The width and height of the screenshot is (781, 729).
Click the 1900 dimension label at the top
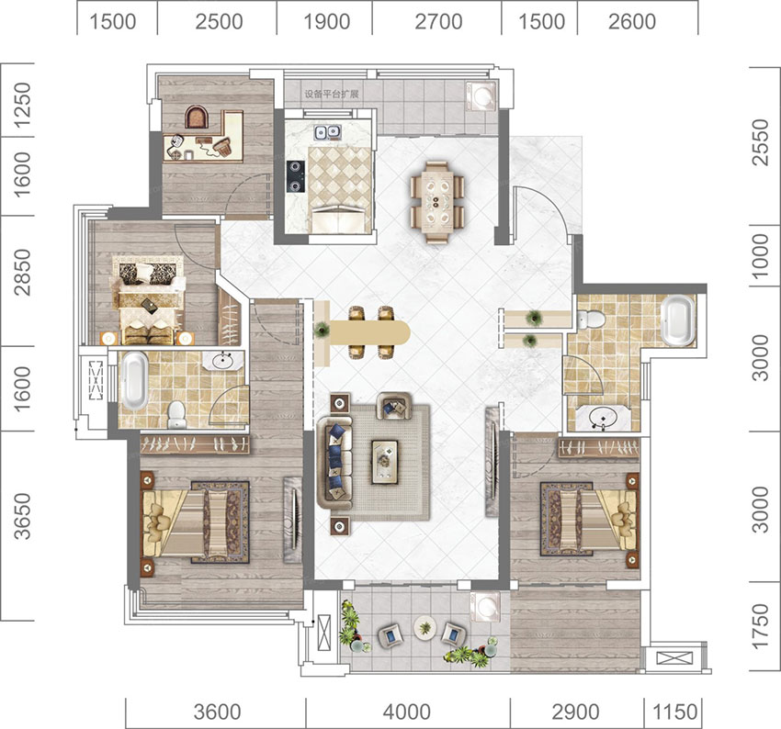click(326, 22)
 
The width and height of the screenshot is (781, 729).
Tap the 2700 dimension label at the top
click(438, 22)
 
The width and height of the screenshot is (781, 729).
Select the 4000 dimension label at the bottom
click(406, 712)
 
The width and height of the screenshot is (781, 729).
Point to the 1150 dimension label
click(675, 712)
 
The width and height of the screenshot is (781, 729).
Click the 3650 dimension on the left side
click(22, 517)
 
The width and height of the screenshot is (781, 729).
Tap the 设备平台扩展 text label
click(332, 94)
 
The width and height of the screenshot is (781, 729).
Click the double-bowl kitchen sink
click(327, 132)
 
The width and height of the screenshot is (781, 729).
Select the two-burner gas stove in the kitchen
click(295, 176)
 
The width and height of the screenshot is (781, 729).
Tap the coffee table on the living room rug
click(384, 462)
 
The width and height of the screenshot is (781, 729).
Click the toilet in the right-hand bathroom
click(591, 319)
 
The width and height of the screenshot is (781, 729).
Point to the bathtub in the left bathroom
click(135, 381)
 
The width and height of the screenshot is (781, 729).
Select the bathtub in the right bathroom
click(677, 320)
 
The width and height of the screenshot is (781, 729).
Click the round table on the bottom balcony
click(424, 629)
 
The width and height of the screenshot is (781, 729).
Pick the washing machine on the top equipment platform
click(481, 96)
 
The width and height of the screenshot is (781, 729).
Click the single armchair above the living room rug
click(394, 406)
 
